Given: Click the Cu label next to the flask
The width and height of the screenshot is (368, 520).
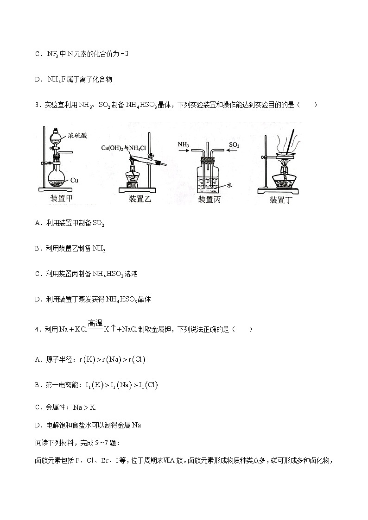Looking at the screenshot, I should (x=76, y=179).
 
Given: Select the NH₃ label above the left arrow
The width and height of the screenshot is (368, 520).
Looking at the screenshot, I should (x=184, y=145).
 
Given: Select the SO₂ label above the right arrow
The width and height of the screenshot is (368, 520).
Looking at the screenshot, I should (x=234, y=145).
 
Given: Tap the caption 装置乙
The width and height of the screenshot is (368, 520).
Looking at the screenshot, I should (x=140, y=199).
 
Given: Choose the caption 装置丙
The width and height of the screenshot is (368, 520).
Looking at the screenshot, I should (x=209, y=199).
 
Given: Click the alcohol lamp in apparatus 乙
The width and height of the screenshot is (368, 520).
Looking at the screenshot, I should (x=133, y=178).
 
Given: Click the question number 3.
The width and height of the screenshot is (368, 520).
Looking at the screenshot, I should (x=37, y=105).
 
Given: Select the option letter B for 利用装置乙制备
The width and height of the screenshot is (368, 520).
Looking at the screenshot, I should (x=37, y=249).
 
